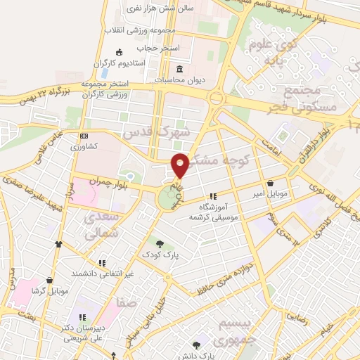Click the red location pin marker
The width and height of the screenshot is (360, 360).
tap(180, 165)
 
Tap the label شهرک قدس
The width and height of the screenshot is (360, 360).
tap(156, 132)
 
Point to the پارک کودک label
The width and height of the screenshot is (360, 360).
tap(160, 254)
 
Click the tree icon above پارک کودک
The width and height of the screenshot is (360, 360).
tap(160, 244)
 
